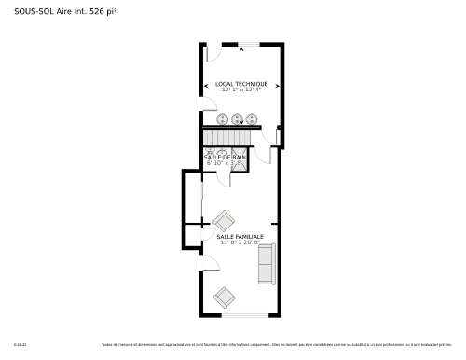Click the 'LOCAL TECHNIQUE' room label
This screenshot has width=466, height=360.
(x=240, y=83)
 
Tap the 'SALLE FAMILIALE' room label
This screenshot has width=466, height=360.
(x=240, y=237)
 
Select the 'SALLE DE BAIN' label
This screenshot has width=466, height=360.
(x=225, y=157)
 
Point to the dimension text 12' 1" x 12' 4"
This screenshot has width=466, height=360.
(x=240, y=90)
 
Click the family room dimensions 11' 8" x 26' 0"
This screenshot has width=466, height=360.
(x=240, y=243)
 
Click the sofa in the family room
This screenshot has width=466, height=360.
(x=266, y=265)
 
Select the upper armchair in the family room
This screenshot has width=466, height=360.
(x=224, y=221)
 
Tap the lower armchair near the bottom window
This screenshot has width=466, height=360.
(x=224, y=298)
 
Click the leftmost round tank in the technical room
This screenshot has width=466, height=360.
(x=223, y=118)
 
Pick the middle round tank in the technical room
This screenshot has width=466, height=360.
(x=238, y=118)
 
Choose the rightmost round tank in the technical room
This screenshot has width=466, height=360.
(x=252, y=118)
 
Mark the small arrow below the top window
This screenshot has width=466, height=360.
(x=240, y=49)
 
